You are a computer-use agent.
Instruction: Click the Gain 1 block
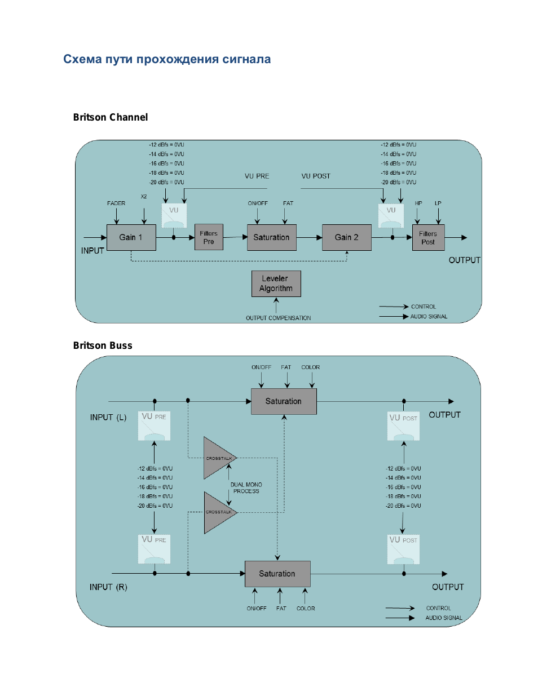tap(131, 237)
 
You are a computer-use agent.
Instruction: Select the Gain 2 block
tap(346, 237)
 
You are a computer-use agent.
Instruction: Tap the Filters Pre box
tap(209, 237)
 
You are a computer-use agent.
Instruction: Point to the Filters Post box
tap(428, 238)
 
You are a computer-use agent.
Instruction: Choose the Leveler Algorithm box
tap(276, 283)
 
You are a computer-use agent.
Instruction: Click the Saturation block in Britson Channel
tap(271, 237)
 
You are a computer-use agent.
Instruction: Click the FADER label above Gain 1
tap(116, 203)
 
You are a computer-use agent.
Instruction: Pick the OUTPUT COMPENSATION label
tap(278, 318)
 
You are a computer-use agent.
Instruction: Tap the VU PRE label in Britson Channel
tap(257, 176)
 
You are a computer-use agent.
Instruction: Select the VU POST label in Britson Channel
tap(316, 176)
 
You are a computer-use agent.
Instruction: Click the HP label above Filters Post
tap(418, 203)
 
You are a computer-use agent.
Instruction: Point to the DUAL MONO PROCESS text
tap(246, 488)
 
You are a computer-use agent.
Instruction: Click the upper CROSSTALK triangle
tap(218, 458)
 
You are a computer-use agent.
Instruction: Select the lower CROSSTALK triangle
tap(218, 512)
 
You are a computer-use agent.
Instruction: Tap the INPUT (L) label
tap(108, 418)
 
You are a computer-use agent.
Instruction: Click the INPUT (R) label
tap(108, 587)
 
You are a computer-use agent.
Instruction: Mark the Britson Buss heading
tap(103, 345)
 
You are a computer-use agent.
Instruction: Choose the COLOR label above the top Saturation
tap(310, 367)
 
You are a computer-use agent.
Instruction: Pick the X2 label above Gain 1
tap(144, 197)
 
